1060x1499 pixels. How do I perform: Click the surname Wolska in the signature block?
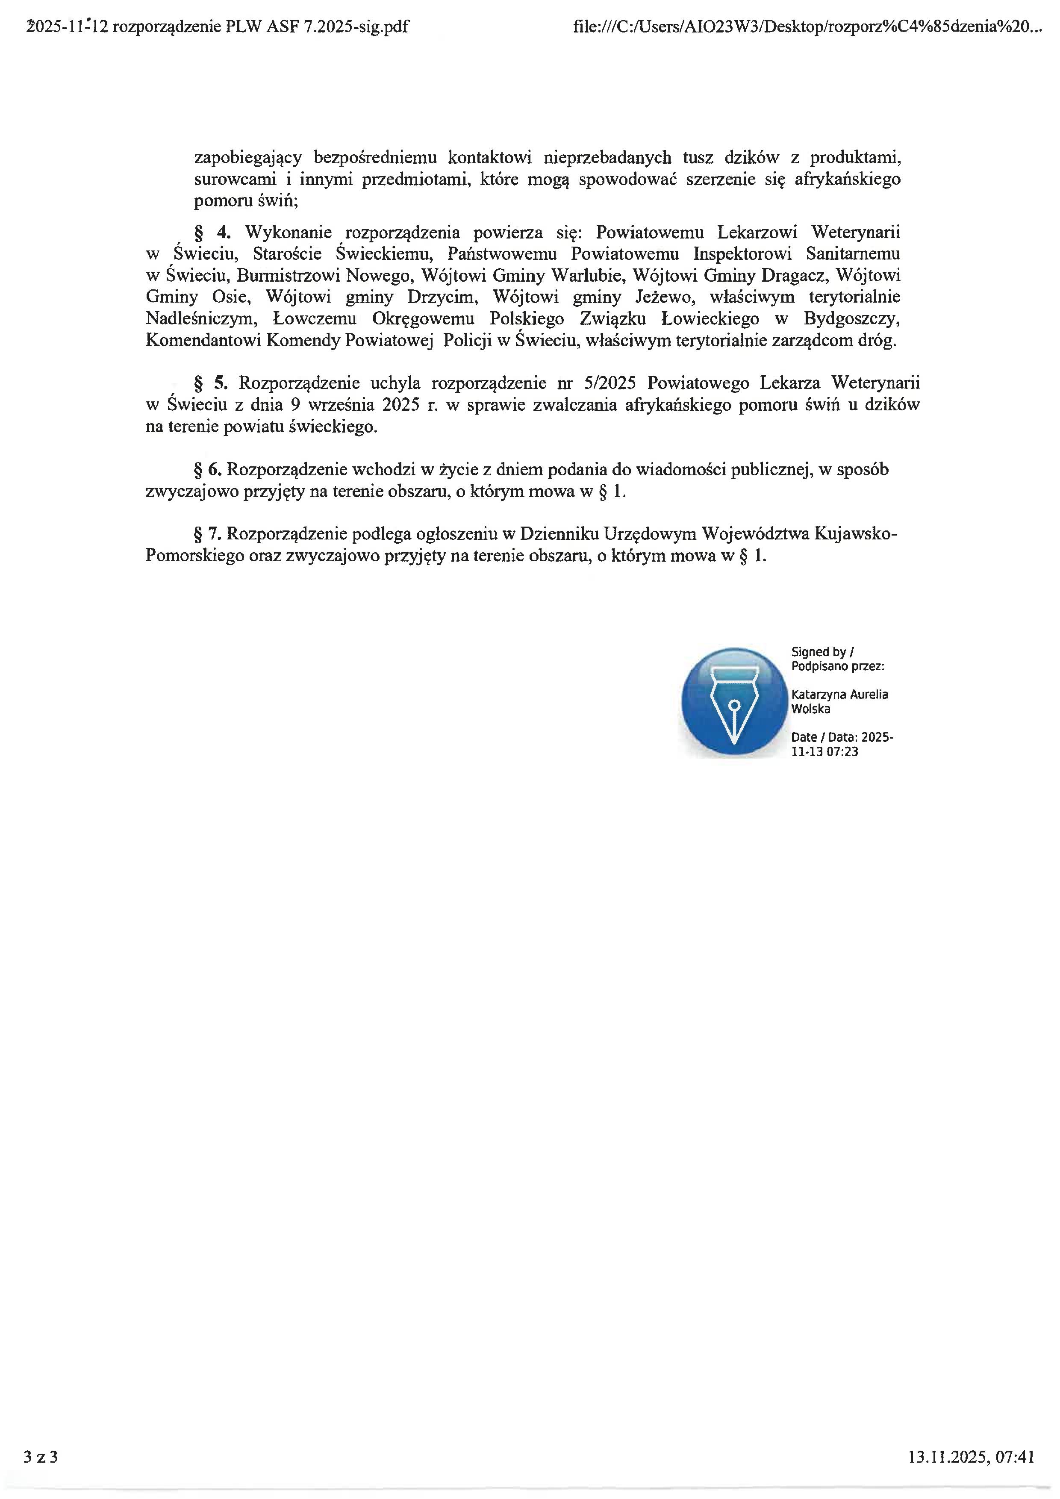click(811, 709)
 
